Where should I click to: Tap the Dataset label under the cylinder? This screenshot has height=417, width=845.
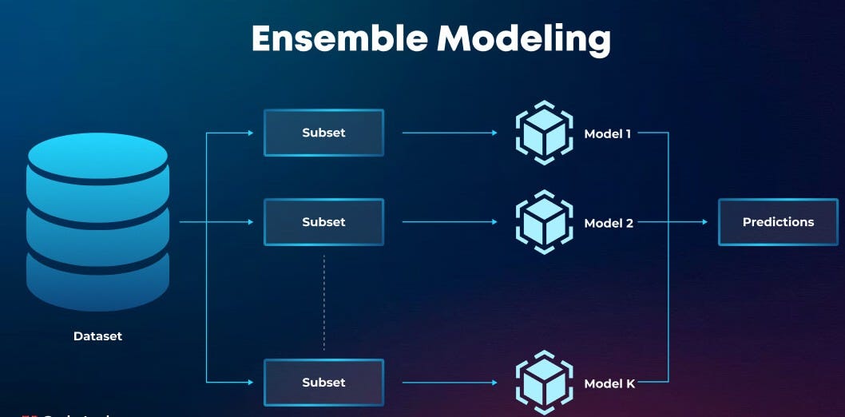(x=97, y=336)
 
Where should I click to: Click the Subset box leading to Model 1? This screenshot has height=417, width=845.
(x=323, y=133)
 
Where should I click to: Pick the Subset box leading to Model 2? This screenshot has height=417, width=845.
(x=323, y=222)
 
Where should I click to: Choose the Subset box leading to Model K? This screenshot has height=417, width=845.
(x=323, y=383)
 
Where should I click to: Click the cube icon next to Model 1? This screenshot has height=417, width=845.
(x=544, y=133)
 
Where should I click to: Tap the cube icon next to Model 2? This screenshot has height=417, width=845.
(x=544, y=222)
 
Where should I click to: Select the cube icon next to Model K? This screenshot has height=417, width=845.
(x=544, y=383)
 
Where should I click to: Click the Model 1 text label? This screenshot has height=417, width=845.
(x=608, y=133)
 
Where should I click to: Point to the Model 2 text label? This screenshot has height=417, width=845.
(x=609, y=223)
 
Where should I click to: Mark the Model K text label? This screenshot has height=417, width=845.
(x=609, y=383)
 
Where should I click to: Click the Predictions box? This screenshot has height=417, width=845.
(x=778, y=222)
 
